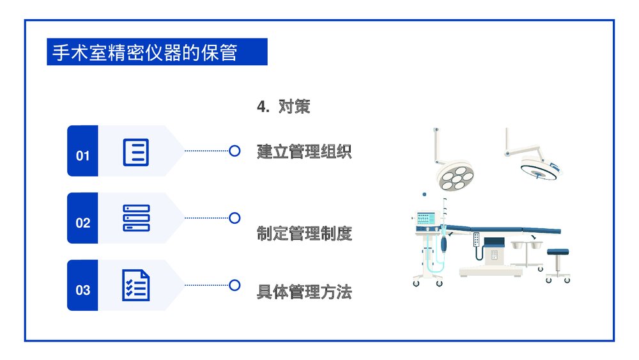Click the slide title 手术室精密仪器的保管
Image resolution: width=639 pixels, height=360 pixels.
tap(144, 52)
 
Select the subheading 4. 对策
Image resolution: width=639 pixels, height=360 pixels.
tap(283, 107)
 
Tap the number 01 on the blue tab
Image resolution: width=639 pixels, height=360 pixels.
tap(82, 155)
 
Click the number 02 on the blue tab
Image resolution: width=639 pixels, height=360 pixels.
tap(82, 223)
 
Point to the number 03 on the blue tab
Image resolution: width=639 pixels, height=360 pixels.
tap(82, 290)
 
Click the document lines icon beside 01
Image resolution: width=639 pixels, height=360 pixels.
tap(135, 152)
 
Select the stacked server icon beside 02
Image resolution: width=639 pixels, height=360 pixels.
tap(135, 218)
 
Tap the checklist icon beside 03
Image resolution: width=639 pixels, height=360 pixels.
tap(135, 285)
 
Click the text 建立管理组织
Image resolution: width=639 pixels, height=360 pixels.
tap(304, 152)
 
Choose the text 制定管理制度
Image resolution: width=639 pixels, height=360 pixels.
tap(304, 234)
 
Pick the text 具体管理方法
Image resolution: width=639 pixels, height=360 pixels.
tap(304, 293)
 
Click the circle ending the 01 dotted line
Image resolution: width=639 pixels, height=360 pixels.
tap(235, 151)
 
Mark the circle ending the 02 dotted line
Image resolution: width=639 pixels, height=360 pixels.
tap(235, 218)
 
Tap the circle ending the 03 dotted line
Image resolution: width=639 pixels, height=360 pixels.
tap(235, 285)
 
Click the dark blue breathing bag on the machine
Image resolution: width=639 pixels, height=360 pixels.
tap(446, 244)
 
